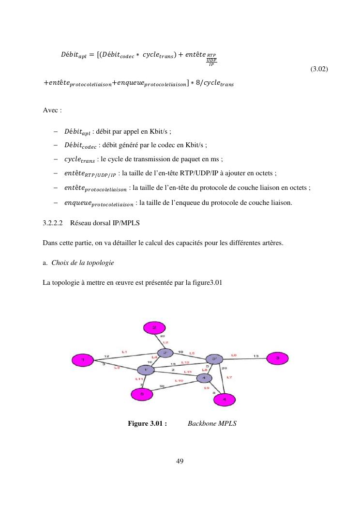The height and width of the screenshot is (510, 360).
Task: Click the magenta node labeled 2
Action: pyautogui.click(x=154, y=327)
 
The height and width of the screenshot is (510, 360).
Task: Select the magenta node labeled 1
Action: pyautogui.click(x=82, y=360)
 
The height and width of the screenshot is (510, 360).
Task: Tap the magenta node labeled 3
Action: pyautogui.click(x=278, y=358)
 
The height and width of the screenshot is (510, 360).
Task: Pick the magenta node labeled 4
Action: pyautogui.click(x=224, y=399)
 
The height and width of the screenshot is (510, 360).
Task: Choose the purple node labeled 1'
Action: pyautogui.click(x=146, y=370)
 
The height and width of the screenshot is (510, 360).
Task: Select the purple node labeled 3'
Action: pyautogui.click(x=214, y=359)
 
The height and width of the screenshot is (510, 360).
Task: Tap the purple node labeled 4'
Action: pyautogui.click(x=204, y=377)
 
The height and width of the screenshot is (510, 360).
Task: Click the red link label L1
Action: pyautogui.click(x=124, y=352)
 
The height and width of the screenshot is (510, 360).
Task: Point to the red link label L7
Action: pyautogui.click(x=229, y=377)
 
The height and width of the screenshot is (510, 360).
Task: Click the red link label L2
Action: pyautogui.click(x=165, y=342)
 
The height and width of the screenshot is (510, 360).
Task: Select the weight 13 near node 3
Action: pyautogui.click(x=256, y=356)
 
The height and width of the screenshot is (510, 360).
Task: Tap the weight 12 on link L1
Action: pyautogui.click(x=106, y=356)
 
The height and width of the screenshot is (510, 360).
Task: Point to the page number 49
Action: pyautogui.click(x=180, y=461)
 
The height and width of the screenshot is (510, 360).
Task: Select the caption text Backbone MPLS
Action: pyautogui.click(x=211, y=424)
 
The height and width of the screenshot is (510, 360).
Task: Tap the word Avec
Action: pyautogui.click(x=51, y=110)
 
